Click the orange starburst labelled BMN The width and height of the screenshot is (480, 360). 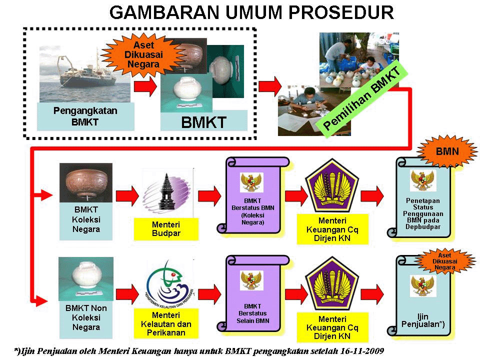click(x=446, y=150)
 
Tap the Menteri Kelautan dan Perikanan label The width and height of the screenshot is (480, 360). click(x=166, y=323)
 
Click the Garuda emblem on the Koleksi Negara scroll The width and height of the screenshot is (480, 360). click(x=252, y=182)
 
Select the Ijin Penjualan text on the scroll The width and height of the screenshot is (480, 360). click(x=422, y=320)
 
